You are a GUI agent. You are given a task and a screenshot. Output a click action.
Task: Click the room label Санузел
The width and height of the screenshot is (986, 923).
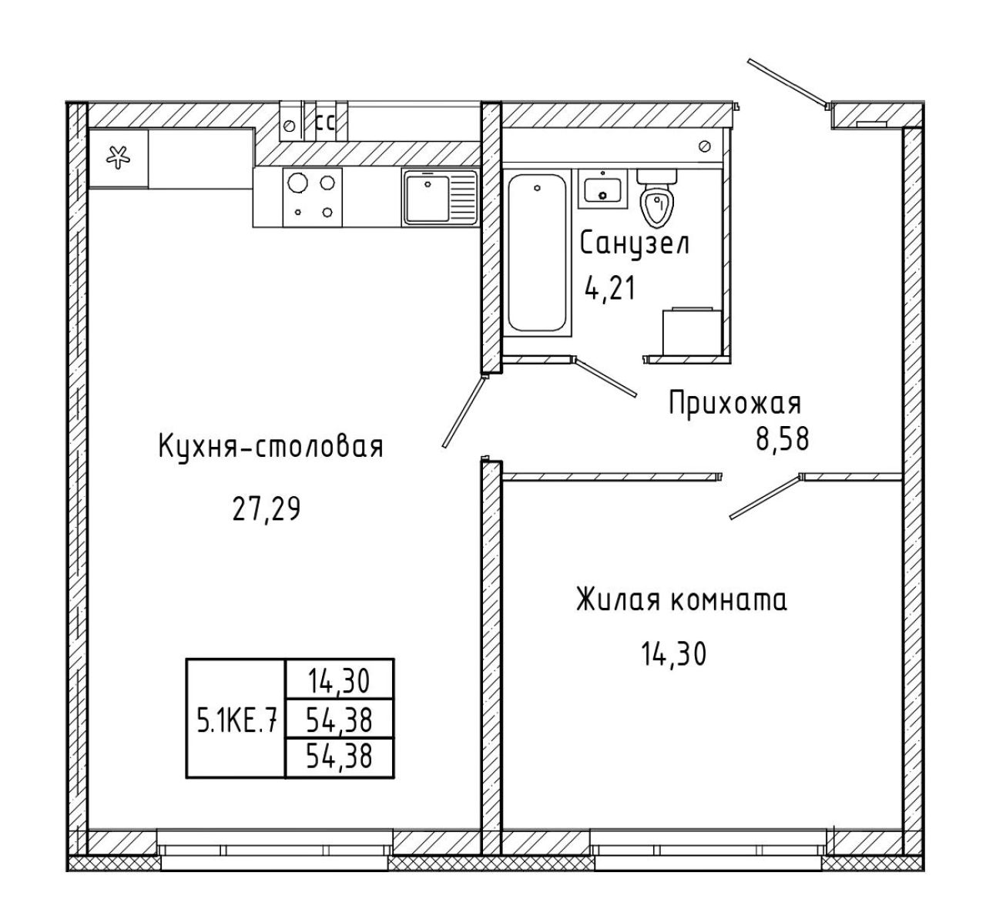click(635, 244)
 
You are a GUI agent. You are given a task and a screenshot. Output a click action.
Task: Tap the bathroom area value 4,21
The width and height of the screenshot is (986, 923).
click(610, 288)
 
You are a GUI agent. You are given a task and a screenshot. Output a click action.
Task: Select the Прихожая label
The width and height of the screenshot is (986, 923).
click(735, 404)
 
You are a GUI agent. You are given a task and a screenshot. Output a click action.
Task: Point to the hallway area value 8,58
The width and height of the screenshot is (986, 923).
click(783, 439)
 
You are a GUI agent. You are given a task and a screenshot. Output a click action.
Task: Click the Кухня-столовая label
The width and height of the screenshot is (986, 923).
click(271, 447)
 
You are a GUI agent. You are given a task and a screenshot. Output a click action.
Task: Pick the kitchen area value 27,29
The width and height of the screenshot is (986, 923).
click(267, 509)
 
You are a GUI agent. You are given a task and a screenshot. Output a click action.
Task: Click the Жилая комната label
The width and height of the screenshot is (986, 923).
click(682, 600)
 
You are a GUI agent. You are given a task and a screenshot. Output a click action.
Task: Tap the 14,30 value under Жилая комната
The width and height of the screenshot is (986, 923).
click(674, 654)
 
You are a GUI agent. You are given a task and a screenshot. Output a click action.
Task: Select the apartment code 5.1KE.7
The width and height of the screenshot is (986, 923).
click(236, 720)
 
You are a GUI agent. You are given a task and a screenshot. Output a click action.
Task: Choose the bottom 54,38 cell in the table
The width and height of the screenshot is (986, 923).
click(339, 758)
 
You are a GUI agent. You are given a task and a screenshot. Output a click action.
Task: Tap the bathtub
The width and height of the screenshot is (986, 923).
click(537, 253)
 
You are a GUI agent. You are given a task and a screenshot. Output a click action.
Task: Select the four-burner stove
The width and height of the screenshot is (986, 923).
click(312, 197)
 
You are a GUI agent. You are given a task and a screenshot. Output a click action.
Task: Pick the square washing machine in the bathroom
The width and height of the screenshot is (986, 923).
click(692, 332)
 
